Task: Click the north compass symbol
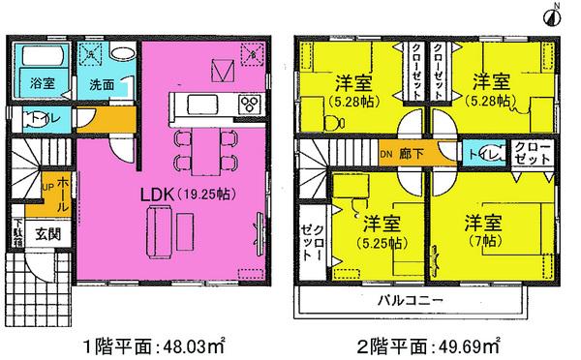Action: [x=558, y=14]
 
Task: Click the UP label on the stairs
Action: [x=48, y=183]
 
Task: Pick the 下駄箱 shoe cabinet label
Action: [x=17, y=233]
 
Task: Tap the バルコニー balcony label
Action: [x=417, y=300]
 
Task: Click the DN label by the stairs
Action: [x=385, y=153]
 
